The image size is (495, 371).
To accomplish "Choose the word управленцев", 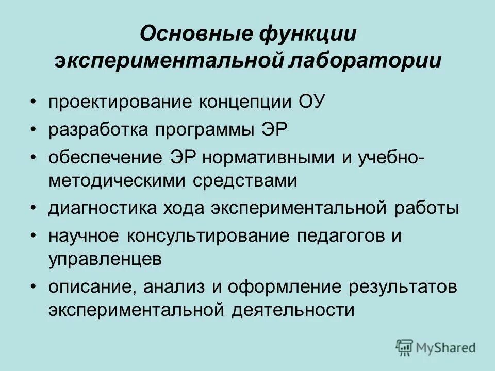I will (105, 259).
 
